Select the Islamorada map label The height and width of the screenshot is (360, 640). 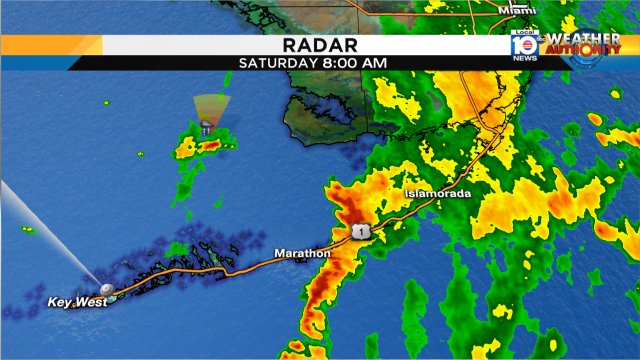click(437, 192)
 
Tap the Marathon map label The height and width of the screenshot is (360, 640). click(302, 253)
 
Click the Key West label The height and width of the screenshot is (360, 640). click(75, 301)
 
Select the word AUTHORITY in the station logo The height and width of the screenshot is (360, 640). click(583, 50)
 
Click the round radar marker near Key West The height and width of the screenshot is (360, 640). click(103, 286)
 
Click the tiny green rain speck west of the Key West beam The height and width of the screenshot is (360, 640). click(28, 229)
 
